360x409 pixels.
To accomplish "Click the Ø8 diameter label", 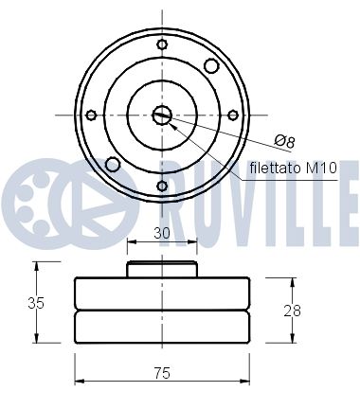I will click(285, 140).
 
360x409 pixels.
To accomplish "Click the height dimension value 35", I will click(36, 303).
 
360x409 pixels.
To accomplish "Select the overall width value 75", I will click(162, 372).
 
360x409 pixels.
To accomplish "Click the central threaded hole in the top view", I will click(162, 115).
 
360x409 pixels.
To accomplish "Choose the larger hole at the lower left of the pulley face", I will click(113, 165).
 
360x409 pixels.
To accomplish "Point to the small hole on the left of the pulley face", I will click(91, 115).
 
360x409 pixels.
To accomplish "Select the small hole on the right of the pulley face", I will click(233, 115).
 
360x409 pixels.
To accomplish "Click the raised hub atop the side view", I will click(162, 270).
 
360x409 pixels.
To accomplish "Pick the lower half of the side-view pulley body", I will click(162, 327).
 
